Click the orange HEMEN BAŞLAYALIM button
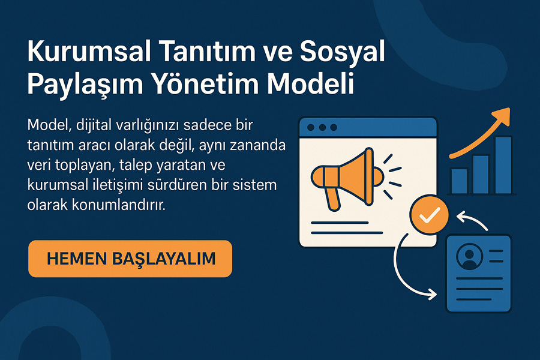pos(130,259)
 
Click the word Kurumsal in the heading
pos(89,52)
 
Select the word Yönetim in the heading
pos(205,83)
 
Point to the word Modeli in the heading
pos(311,83)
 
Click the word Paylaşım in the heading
pos(85,85)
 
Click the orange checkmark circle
pos(429,215)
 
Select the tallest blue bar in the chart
pos(503,164)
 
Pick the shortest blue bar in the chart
pos(459,181)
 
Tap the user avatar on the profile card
pos(469,256)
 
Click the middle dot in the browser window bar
pos(322,127)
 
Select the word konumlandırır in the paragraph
pos(118,205)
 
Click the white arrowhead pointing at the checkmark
pos(462,217)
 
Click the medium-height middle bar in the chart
pos(481,174)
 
